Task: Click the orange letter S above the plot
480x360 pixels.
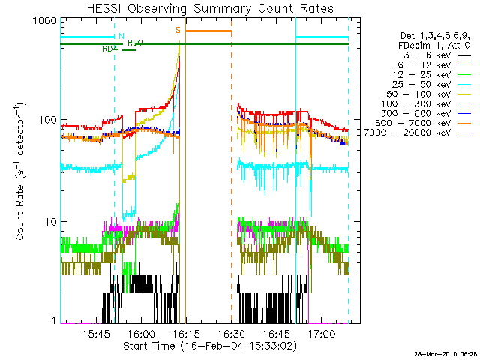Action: [x=178, y=30]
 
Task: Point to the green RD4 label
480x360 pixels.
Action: [x=109, y=49]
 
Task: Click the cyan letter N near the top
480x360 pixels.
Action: [x=121, y=35]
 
